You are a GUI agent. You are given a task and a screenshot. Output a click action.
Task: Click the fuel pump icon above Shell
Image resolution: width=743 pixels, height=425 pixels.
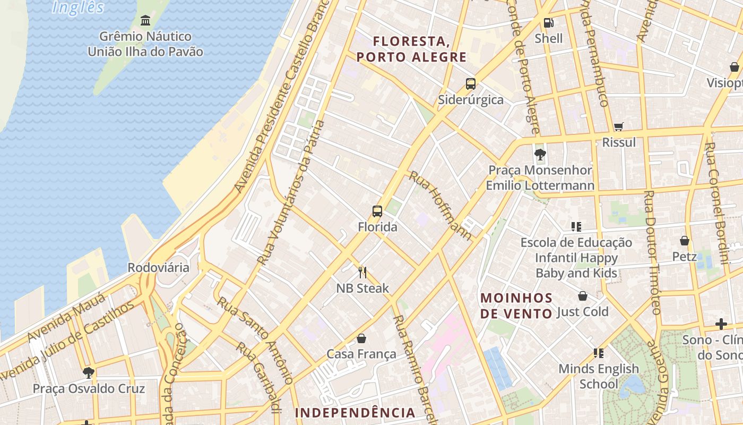[548, 23]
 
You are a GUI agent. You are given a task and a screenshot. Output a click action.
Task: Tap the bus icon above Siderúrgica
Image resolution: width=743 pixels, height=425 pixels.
[471, 83]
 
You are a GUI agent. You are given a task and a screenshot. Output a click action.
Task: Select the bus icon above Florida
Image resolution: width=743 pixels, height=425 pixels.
[377, 211]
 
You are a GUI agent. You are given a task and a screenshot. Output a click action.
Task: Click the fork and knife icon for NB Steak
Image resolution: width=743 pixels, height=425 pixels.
[362, 273]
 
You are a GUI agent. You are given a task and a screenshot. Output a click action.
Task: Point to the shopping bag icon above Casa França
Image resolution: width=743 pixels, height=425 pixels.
[361, 338]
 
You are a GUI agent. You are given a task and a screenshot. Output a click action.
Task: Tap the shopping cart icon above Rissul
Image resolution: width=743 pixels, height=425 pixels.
[618, 127]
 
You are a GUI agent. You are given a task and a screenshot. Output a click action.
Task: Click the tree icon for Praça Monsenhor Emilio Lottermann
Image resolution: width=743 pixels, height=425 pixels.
[540, 155]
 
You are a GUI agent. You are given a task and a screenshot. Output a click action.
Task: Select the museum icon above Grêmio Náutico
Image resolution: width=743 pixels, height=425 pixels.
[145, 21]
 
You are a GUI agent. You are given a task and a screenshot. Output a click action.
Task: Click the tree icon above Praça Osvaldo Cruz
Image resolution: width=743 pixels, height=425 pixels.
[89, 373]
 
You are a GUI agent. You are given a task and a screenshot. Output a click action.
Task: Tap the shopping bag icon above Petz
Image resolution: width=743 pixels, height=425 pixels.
[685, 241]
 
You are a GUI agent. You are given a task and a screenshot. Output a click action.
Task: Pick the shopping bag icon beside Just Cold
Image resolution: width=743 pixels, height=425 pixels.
[583, 296]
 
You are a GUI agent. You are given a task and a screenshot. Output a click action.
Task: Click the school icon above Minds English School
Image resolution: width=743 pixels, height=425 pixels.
[599, 353]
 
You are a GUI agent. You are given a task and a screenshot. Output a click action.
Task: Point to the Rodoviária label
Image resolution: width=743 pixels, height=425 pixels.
[158, 267]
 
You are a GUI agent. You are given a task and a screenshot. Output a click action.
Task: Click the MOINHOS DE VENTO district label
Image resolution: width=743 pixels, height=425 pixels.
[516, 305]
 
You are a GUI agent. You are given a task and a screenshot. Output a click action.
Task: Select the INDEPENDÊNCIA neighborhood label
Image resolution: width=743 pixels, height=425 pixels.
[355, 413]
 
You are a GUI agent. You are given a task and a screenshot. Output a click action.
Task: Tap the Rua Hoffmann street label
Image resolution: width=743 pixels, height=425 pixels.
[440, 205]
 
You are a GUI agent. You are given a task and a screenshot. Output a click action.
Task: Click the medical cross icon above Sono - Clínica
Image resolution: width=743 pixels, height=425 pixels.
[721, 324]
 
